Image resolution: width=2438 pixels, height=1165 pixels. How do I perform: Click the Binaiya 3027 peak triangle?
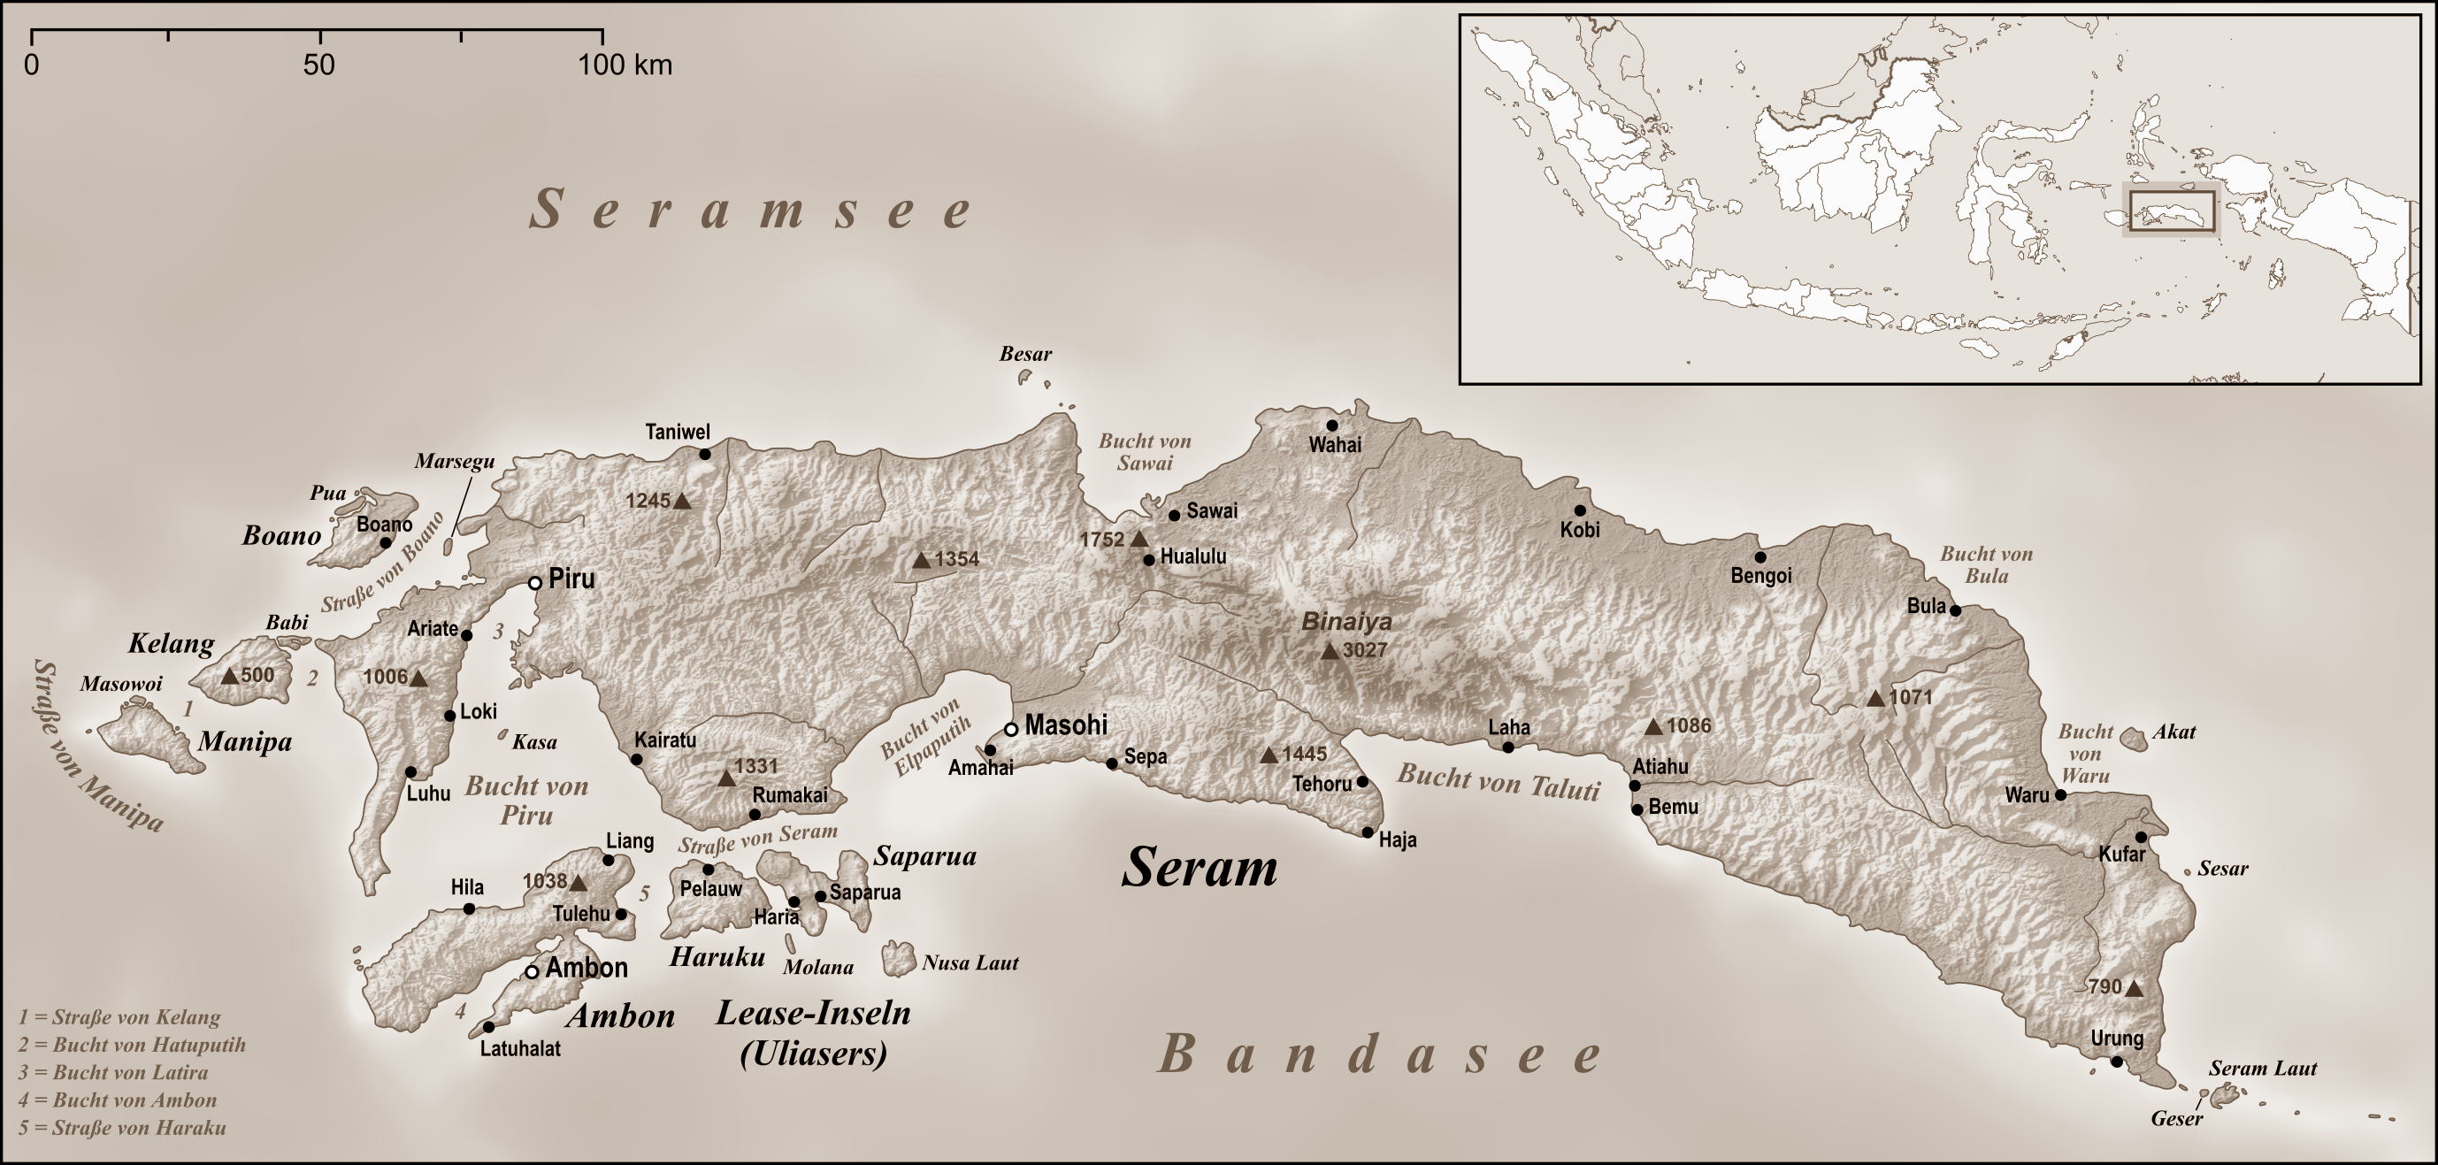(1330, 651)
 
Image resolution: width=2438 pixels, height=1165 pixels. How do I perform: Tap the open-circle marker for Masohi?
(1011, 729)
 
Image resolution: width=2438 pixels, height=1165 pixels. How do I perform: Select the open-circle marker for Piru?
(534, 583)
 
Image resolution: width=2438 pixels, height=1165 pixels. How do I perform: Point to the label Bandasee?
(1381, 1054)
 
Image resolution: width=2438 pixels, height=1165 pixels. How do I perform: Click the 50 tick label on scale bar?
(319, 65)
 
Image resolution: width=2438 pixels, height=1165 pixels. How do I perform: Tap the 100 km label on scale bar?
(625, 65)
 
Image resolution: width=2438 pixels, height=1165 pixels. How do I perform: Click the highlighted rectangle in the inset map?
(2172, 211)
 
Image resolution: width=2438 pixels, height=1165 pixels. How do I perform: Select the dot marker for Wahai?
(1331, 425)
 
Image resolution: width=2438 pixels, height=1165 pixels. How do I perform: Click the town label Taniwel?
(678, 433)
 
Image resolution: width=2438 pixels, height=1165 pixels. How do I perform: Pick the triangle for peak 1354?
(922, 560)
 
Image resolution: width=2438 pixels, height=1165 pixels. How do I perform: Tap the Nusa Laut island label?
(970, 963)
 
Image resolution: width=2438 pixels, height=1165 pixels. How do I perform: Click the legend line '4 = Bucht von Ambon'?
(118, 1100)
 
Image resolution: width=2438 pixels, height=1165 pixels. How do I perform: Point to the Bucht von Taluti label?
(1499, 783)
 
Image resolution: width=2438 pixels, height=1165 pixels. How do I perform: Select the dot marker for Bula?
(1955, 610)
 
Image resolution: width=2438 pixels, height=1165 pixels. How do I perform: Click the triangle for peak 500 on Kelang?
(229, 676)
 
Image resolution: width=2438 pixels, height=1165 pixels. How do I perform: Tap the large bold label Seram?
(1200, 867)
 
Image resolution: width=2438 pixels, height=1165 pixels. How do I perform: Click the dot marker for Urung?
(2117, 1062)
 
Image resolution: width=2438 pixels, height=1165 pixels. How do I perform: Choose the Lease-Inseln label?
(813, 1014)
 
